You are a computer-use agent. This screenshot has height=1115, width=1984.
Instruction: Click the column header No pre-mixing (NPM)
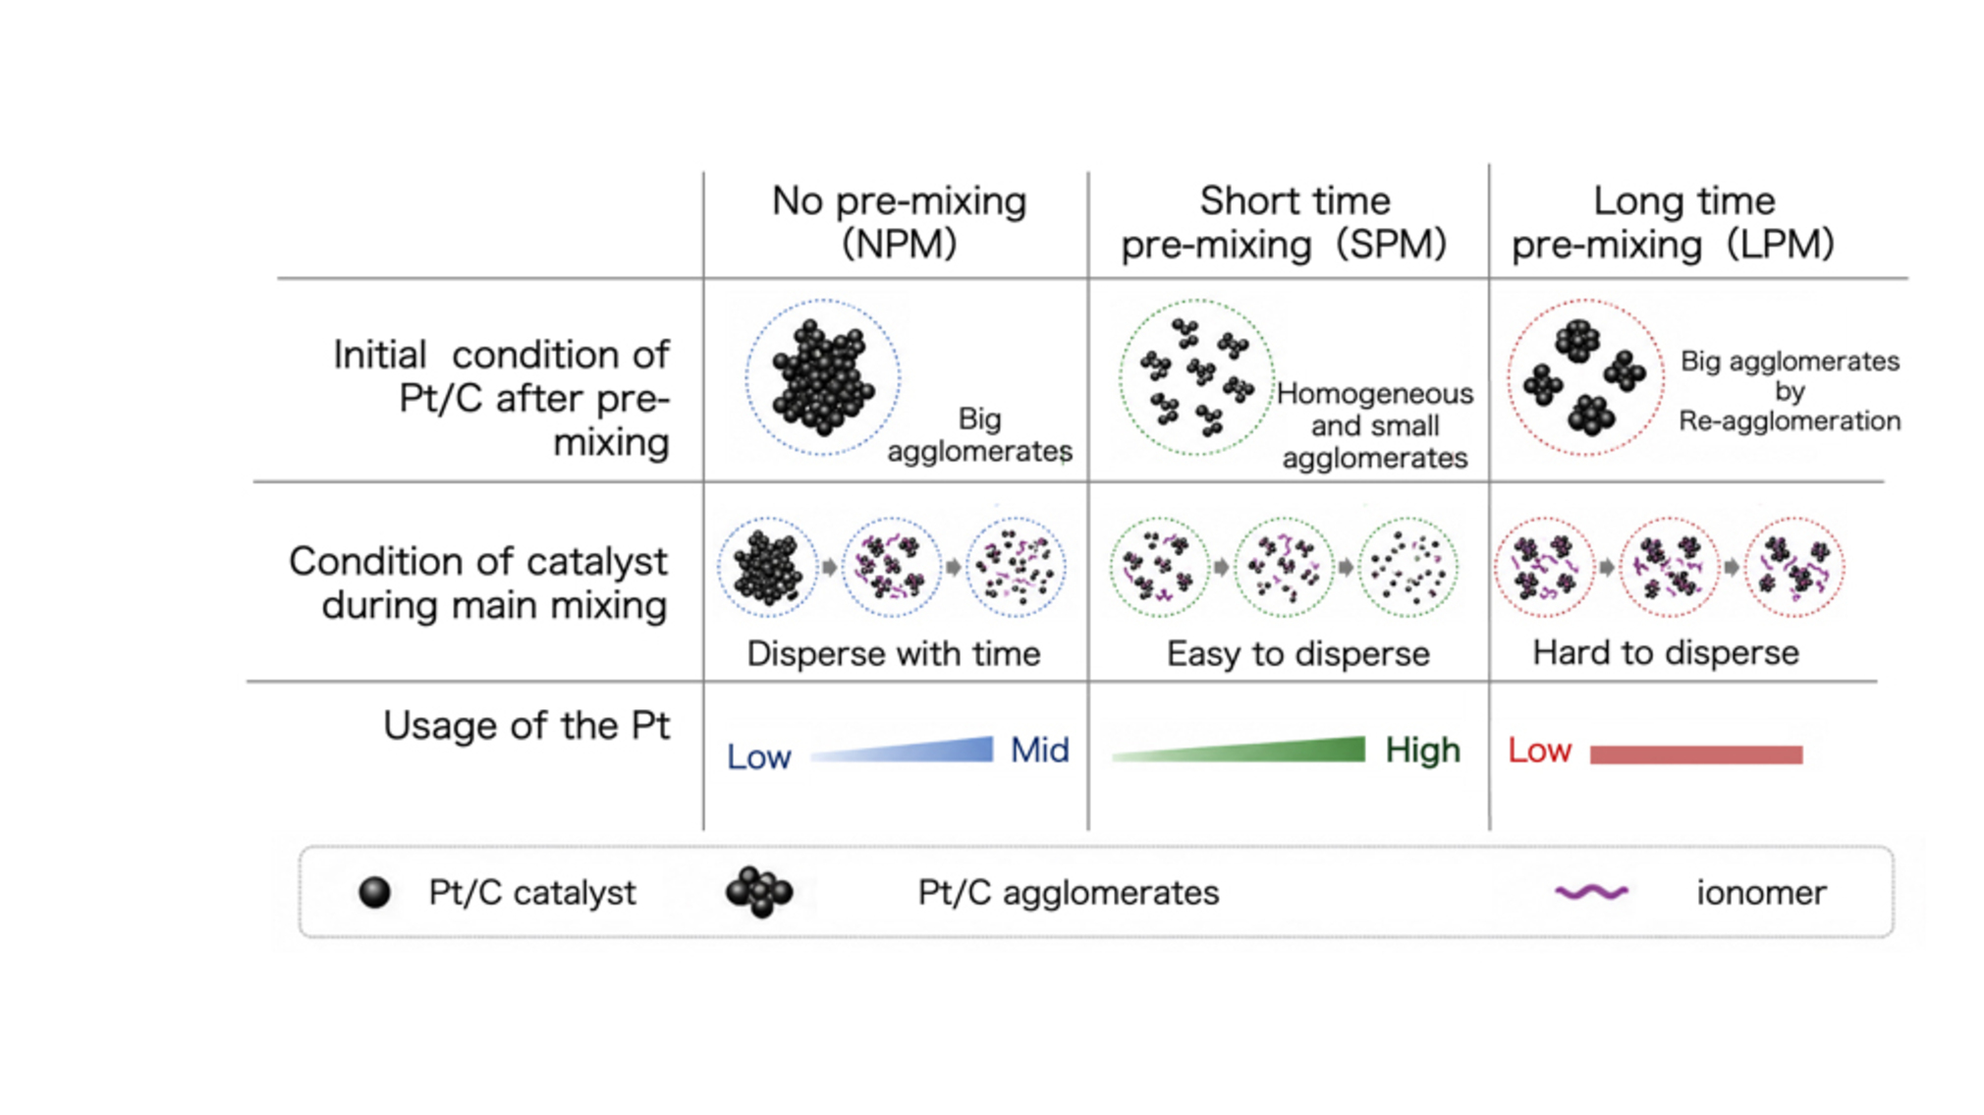tap(899, 222)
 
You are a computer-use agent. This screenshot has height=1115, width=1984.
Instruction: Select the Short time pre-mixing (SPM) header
tap(1285, 222)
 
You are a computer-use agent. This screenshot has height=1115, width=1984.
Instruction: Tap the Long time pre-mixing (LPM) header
tap(1674, 222)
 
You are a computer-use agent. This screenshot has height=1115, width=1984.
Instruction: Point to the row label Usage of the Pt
tap(526, 725)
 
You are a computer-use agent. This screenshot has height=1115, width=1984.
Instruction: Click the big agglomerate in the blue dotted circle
tap(823, 377)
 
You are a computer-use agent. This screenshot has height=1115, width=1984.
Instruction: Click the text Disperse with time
tap(893, 653)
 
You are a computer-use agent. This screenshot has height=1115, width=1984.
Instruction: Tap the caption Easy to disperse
tap(1297, 653)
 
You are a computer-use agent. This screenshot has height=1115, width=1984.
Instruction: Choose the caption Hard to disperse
tap(1666, 652)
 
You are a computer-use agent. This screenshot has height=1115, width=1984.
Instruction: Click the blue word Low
tap(759, 756)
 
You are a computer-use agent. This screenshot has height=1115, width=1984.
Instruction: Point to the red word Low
tap(1539, 751)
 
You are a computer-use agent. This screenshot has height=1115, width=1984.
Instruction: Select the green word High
tap(1423, 751)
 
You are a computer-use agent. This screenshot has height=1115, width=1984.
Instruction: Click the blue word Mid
tap(1039, 751)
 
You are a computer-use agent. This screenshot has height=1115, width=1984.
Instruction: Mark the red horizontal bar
tap(1696, 754)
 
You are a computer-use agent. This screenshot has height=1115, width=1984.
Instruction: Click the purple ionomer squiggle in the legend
tap(1592, 892)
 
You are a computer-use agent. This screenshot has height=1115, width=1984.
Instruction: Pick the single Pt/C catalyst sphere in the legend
tap(374, 892)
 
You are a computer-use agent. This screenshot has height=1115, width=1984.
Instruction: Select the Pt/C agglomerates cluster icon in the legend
tap(759, 892)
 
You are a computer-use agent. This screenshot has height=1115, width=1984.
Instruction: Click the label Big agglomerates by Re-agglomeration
tap(1790, 391)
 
